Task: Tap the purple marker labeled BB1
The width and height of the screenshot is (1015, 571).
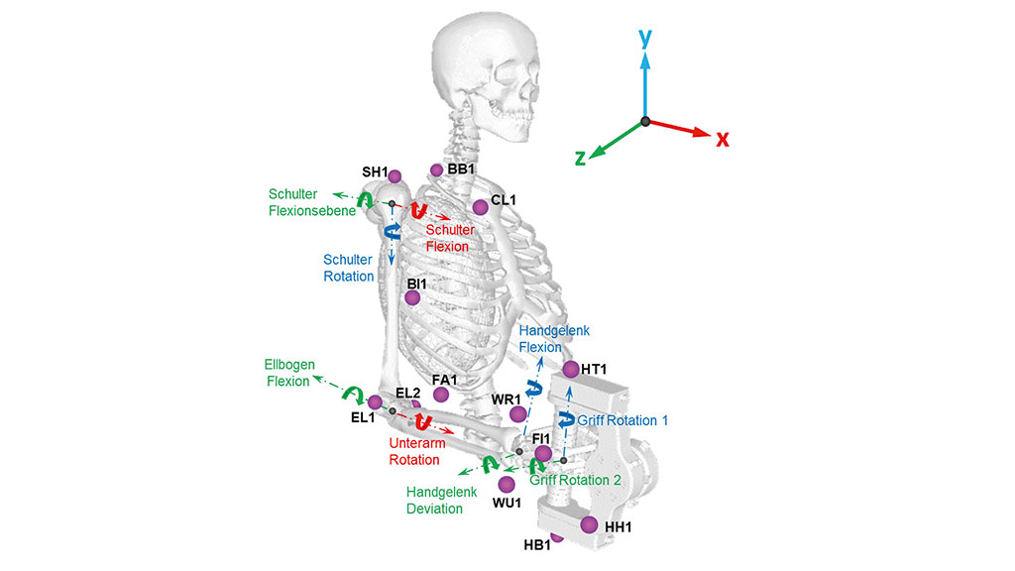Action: click(436, 170)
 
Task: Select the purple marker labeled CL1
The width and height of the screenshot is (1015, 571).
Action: click(481, 206)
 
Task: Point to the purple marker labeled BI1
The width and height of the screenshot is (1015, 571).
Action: click(412, 296)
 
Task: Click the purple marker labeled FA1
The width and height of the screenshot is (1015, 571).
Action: click(441, 395)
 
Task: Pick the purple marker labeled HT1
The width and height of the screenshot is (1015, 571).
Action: click(571, 370)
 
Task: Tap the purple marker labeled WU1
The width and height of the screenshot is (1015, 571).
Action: click(507, 484)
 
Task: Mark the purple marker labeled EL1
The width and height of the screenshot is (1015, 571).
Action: click(375, 401)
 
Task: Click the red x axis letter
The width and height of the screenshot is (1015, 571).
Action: click(723, 140)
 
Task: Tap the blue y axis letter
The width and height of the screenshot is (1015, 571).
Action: click(645, 39)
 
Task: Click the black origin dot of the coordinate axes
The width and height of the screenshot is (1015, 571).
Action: click(645, 121)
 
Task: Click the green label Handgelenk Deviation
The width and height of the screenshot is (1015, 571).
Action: click(442, 500)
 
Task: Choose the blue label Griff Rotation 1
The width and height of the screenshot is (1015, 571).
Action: click(622, 420)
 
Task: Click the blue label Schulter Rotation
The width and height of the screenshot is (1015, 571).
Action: click(349, 268)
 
